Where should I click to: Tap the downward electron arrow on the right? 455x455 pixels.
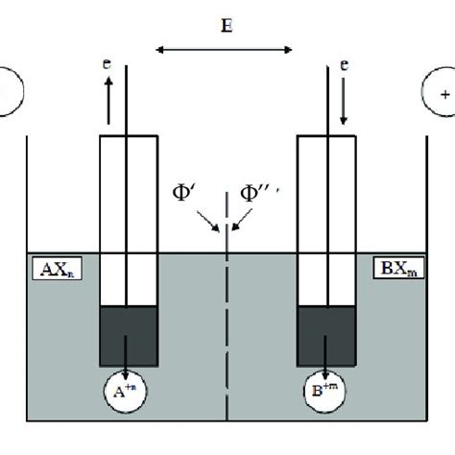click(x=344, y=102)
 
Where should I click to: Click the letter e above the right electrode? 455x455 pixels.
click(x=343, y=67)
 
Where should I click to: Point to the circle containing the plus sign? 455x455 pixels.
click(x=443, y=95)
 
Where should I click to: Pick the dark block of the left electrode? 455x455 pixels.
click(x=129, y=333)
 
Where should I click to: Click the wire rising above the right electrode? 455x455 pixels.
click(x=324, y=86)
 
